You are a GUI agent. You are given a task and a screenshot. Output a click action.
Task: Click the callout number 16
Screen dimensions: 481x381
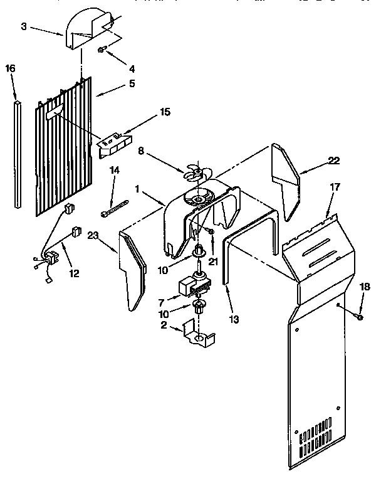[11, 67]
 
